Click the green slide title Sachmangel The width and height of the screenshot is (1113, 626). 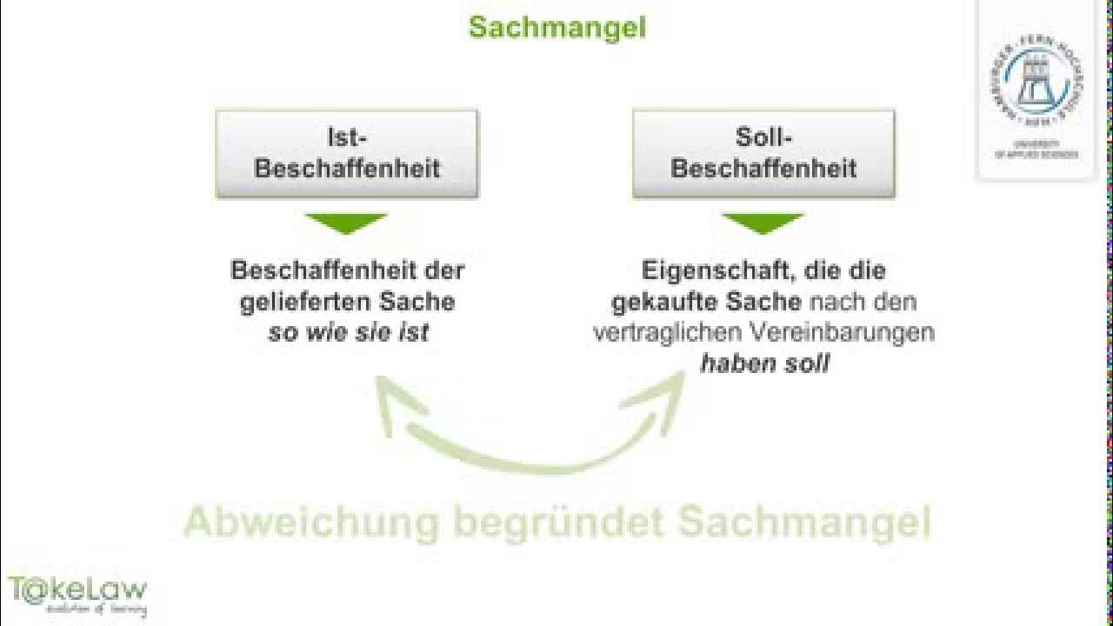pos(557,27)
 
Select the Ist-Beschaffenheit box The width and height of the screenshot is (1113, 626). pos(347,153)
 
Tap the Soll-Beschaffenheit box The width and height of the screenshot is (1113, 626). pos(763,153)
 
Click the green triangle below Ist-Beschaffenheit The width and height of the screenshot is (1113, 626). pos(347,223)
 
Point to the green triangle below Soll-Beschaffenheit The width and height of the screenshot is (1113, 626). pos(763,223)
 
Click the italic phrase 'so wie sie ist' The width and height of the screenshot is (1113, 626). pos(348,333)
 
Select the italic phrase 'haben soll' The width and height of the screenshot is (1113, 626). pos(764,363)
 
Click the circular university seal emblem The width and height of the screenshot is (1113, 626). pos(1036,84)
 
